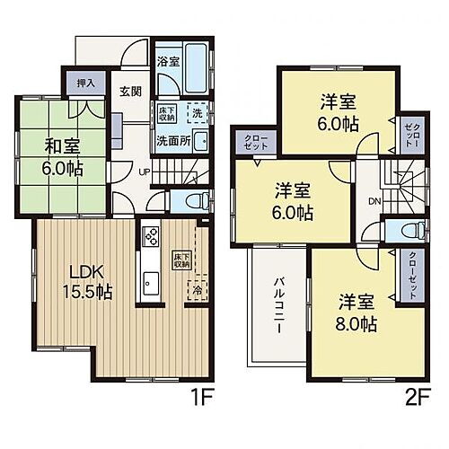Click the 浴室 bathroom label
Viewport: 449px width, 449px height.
click(168, 64)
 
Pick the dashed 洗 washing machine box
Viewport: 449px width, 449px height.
click(196, 114)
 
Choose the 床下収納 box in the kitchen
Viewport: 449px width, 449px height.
click(180, 260)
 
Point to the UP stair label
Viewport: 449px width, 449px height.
click(143, 172)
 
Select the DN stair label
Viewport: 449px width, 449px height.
click(374, 202)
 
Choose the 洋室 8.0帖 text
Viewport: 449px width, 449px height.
click(357, 311)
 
